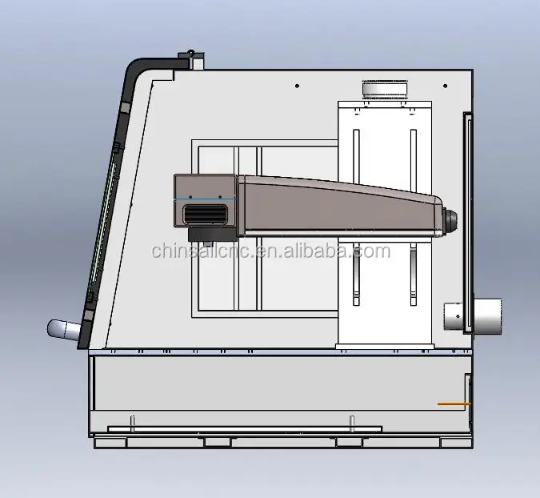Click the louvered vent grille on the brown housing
(x=206, y=214)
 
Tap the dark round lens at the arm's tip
(x=451, y=219)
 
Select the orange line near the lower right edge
(x=454, y=404)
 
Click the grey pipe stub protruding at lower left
(x=64, y=330)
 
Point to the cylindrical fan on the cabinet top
(x=385, y=88)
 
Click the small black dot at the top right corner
(x=446, y=86)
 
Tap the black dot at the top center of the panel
(x=298, y=86)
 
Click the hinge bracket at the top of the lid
(x=191, y=59)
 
